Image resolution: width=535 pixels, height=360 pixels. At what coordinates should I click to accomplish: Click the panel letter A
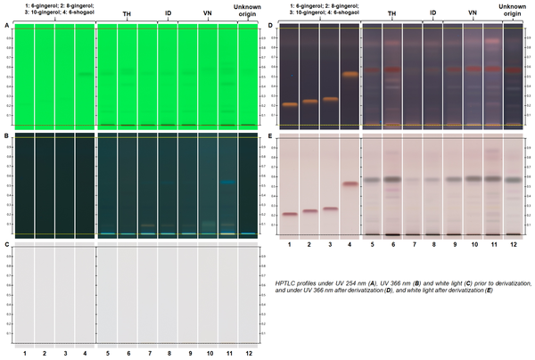coord(7,26)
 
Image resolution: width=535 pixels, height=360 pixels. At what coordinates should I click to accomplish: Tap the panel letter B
coord(7,136)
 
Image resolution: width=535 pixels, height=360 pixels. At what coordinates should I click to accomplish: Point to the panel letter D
coord(270,26)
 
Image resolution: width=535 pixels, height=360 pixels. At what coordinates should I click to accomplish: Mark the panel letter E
coord(270,136)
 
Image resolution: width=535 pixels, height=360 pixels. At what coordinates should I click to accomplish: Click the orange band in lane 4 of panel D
coord(350,74)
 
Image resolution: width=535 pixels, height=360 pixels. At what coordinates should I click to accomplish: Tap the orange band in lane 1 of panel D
coord(290,105)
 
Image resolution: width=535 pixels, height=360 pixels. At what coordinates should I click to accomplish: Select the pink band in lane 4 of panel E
coord(350,184)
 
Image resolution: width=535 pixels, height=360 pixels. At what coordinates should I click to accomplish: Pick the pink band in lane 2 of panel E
coord(310,211)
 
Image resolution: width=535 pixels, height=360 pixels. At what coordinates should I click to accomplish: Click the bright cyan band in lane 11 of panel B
coord(227,183)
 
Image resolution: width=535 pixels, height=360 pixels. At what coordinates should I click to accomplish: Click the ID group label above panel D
coord(432,13)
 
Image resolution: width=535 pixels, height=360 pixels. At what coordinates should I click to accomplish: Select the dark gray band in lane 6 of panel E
coord(391,180)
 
